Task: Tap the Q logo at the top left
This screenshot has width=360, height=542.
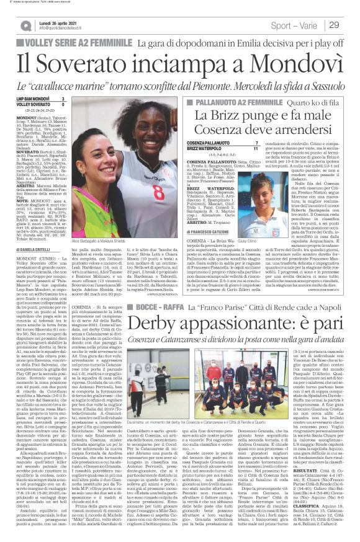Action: tap(25, 25)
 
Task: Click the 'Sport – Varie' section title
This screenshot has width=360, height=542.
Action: tap(301, 25)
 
